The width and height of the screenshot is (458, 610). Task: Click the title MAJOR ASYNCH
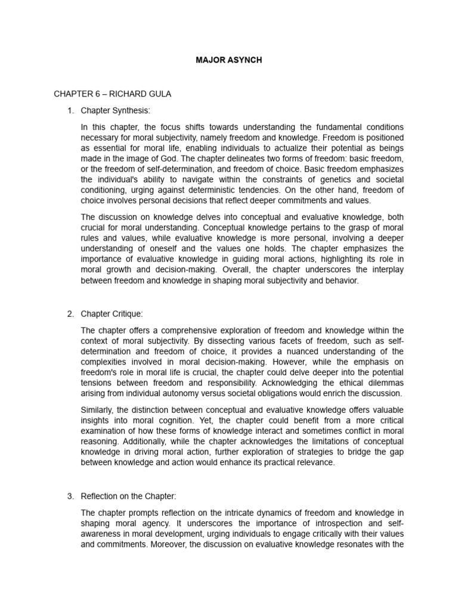(229, 60)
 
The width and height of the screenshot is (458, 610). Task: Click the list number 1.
(70, 110)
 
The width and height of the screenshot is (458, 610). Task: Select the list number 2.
(70, 313)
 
